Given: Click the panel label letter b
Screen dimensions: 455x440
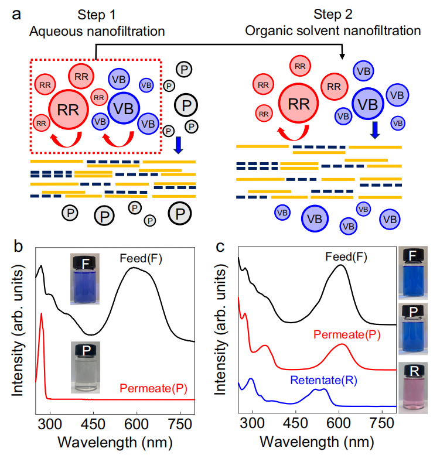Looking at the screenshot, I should coord(16,246).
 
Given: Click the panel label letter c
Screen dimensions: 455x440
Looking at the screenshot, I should coord(220,246).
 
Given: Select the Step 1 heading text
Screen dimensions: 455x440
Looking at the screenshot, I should coord(96,13).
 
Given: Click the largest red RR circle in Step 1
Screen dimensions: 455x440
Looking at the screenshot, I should coord(68,108).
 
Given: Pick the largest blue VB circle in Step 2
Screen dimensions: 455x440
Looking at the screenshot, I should coord(367,104).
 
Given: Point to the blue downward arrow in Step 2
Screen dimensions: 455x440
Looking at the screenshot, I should coord(376,130).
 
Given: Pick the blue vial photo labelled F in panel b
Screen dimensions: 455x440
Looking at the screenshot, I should coord(85,279).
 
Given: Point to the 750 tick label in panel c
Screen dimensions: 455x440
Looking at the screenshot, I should coord(381,422).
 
